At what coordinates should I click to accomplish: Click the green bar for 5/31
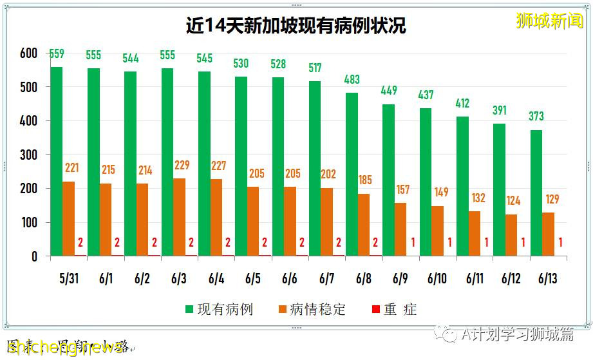tap(57, 161)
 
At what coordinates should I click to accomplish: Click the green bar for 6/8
tap(352, 175)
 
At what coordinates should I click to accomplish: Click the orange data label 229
tap(182, 166)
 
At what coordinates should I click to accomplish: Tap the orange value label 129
tap(552, 199)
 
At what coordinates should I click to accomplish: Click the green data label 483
tap(352, 80)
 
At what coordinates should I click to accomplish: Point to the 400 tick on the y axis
tap(29, 121)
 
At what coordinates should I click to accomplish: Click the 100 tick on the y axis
tap(29, 223)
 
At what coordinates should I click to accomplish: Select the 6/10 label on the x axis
tap(437, 278)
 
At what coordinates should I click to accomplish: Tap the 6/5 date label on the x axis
tap(253, 278)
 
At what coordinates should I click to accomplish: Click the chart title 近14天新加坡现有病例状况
tap(296, 26)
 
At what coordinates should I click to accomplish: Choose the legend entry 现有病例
tap(219, 310)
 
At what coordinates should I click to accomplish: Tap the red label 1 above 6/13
tap(561, 243)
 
